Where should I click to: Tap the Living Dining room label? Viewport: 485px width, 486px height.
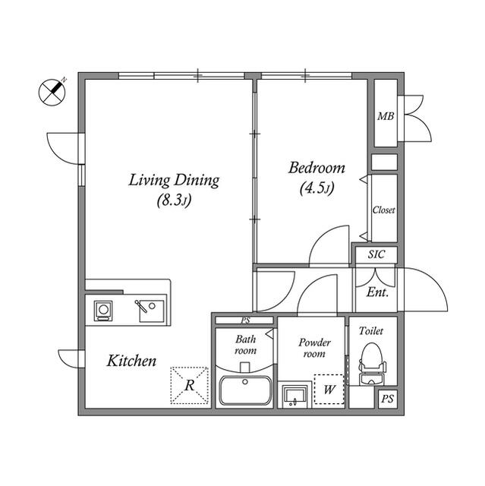click(x=174, y=181)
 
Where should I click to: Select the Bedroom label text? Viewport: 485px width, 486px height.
click(x=317, y=168)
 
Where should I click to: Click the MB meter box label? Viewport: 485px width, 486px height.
click(x=385, y=117)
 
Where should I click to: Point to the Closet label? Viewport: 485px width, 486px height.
click(x=383, y=210)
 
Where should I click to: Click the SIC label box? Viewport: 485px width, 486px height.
click(x=376, y=255)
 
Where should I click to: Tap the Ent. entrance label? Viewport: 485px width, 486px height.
click(x=377, y=292)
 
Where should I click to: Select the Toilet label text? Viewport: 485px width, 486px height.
click(x=372, y=331)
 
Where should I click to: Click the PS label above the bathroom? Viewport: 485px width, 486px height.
click(x=245, y=320)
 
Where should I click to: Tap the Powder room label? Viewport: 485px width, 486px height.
click(x=314, y=348)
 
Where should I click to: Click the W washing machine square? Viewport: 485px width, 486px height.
click(x=329, y=390)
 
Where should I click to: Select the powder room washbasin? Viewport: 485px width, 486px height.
click(x=294, y=395)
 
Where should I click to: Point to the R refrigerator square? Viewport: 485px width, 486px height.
click(x=189, y=385)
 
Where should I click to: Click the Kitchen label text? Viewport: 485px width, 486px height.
click(x=131, y=361)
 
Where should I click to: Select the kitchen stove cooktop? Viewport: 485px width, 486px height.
click(x=103, y=310)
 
